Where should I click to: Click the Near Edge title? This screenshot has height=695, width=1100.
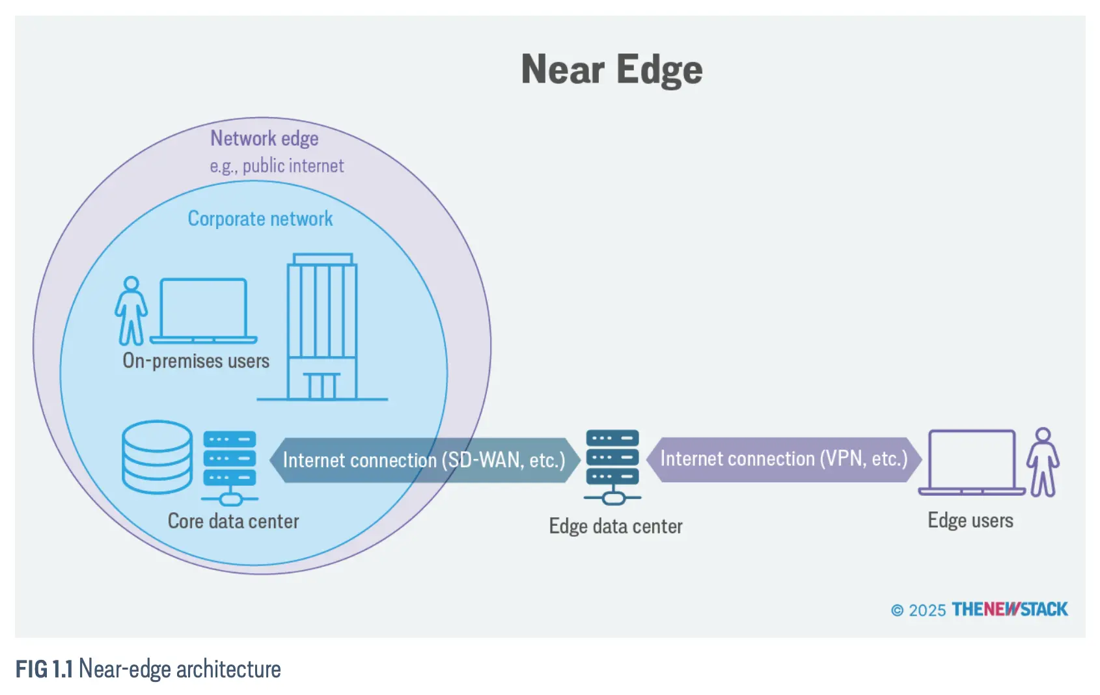click(612, 70)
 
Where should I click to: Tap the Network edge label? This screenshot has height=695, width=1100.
click(264, 139)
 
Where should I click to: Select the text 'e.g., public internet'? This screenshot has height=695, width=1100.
click(277, 166)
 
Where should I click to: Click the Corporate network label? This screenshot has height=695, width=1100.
click(260, 219)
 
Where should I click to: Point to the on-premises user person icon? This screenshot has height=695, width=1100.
click(131, 310)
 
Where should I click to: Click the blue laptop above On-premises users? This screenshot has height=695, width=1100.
click(204, 310)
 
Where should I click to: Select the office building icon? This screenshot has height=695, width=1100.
click(322, 327)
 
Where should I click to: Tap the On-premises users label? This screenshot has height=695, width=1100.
click(196, 361)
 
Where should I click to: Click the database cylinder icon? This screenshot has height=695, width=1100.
click(157, 456)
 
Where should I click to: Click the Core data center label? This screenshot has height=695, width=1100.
click(233, 521)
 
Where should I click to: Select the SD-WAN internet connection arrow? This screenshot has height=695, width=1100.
click(424, 460)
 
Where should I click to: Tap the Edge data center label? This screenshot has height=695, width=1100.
click(616, 526)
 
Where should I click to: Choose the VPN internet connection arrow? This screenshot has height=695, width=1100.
click(784, 459)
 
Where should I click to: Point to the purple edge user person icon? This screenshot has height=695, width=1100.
click(1043, 462)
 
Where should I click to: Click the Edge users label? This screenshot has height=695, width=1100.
click(970, 521)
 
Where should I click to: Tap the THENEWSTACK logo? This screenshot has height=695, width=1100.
click(1010, 609)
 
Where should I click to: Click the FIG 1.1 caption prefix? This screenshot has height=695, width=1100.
click(44, 669)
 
